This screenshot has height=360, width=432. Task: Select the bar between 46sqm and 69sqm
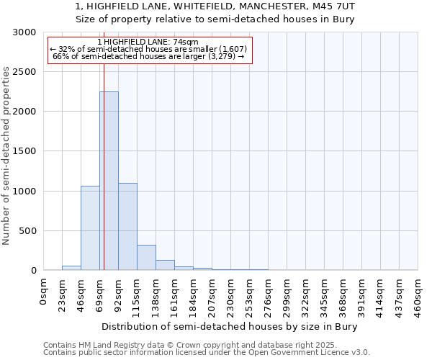coord(90,228)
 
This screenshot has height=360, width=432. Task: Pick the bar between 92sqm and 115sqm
coord(127,226)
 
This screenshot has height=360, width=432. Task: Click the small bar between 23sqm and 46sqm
coord(71,268)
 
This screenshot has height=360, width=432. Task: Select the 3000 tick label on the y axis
coord(24,32)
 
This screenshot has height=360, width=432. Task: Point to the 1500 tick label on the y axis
coord(24,151)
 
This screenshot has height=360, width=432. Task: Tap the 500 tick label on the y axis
coord(27,231)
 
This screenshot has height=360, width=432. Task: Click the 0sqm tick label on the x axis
coord(44,291)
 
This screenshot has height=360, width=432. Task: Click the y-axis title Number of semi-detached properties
coord(7,156)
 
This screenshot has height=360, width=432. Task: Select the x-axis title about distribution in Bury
coord(230,326)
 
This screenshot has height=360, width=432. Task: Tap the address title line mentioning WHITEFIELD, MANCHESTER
coord(215,6)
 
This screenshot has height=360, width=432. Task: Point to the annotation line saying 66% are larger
coord(149,56)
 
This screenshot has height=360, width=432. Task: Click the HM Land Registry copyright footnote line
coord(200,345)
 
